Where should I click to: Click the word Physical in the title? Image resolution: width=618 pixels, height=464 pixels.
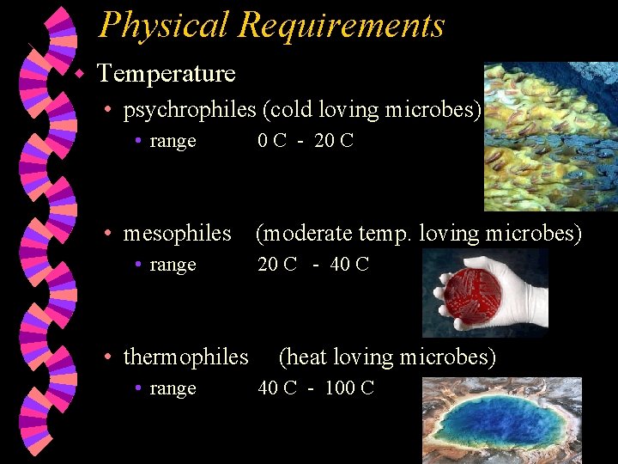pos(163,25)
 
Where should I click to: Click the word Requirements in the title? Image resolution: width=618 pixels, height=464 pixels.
pos(342,25)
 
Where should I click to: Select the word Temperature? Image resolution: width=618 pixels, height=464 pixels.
pos(166,74)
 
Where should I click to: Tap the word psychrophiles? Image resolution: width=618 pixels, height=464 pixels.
pos(190,110)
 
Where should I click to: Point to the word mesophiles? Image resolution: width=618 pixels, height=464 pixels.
pos(178,233)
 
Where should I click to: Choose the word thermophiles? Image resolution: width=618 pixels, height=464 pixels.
pos(186,357)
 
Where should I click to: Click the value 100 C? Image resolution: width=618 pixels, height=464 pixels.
pos(350,388)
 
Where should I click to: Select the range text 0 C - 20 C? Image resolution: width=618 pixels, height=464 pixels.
pos(306,141)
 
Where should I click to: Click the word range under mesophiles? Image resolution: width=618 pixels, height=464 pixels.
pos(173,265)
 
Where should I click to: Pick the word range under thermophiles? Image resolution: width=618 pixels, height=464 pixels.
pos(173,388)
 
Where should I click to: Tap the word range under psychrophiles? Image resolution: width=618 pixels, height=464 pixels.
pos(173,141)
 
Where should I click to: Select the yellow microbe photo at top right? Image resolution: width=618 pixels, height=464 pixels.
pos(549,137)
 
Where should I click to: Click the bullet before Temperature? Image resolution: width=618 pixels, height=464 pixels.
pos(78,74)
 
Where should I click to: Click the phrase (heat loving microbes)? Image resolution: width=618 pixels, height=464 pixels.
pos(388,357)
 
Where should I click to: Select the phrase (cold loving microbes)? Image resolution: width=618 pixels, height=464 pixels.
pos(372,110)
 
